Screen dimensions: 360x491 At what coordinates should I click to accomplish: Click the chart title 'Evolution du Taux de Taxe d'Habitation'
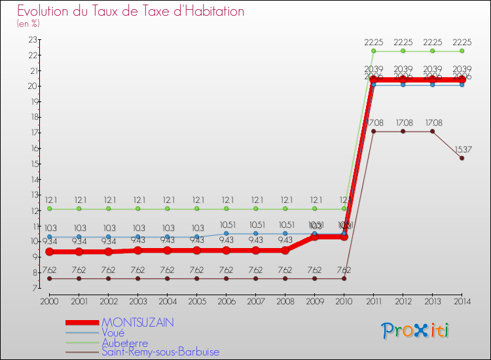(x=131, y=11)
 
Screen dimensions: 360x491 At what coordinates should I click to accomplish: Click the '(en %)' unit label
(x=29, y=24)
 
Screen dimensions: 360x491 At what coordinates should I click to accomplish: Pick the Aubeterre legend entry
(x=124, y=342)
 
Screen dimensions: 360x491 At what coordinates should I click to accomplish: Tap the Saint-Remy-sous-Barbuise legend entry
(x=160, y=352)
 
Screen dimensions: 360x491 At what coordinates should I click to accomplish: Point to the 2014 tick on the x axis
(x=462, y=301)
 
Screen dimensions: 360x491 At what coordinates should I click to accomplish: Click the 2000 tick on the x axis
(x=49, y=301)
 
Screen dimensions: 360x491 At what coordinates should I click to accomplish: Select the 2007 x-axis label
(x=255, y=301)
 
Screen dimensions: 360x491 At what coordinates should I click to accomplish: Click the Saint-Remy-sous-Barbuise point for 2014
(x=462, y=158)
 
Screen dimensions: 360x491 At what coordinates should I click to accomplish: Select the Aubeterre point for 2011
(x=373, y=51)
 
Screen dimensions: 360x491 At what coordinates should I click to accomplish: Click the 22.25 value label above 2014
(x=462, y=42)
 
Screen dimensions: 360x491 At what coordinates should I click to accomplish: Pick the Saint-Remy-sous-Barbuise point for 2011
(x=373, y=132)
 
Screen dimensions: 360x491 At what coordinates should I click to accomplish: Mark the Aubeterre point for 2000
(x=49, y=209)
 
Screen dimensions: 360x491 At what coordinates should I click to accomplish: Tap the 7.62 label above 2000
(x=49, y=270)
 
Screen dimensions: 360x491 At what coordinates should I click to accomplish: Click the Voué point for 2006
(x=226, y=234)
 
